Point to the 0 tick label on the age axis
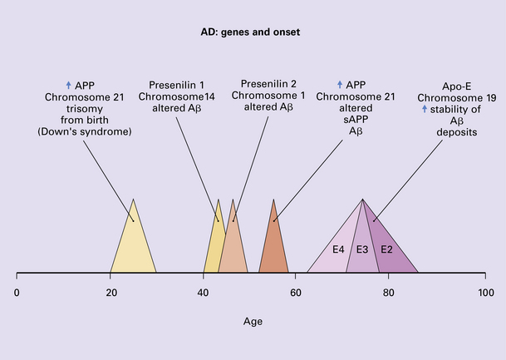tap(17, 293)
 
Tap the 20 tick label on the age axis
tap(111, 293)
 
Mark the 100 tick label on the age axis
tap(486, 293)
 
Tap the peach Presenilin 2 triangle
tap(233, 249)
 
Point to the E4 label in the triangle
tap(338, 249)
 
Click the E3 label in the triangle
tap(362, 249)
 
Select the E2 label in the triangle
tap(386, 249)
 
